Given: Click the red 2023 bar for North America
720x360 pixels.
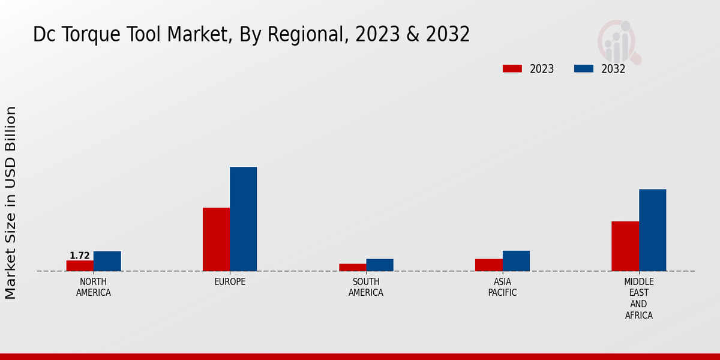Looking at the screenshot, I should pos(80,266).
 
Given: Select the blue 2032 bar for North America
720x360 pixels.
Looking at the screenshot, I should pos(107,261).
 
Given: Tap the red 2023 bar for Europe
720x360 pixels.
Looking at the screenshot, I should pos(216,239).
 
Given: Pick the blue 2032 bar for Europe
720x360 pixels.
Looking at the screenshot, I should pos(243,219).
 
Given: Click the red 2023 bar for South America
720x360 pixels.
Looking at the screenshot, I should pos(352,268).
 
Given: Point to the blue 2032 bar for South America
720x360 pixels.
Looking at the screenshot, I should pos(380,265).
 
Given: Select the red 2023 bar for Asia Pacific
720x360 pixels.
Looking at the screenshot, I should pos(489,265).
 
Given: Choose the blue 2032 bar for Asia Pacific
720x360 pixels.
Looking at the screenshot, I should pos(516,261).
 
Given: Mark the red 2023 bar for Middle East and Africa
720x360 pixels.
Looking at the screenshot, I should pos(625,246).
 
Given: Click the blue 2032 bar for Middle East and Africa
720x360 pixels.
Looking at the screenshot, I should pos(652,230).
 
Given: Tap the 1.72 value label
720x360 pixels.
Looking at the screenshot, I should pos(80,256).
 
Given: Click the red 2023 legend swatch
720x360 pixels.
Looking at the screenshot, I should pos(512,69).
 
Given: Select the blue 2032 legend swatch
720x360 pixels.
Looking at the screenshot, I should pos(584,69).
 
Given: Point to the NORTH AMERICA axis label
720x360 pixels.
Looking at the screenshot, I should pos(94,287).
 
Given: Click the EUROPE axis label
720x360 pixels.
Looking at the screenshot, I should pos(230,282).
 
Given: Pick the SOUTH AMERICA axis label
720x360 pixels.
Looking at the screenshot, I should pos(366,287).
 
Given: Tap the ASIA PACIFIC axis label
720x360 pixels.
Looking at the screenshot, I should pos(503,287).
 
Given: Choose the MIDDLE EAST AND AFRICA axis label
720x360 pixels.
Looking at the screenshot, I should pos(639,298).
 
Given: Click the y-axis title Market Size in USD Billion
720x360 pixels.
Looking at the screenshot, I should pos(11,203).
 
